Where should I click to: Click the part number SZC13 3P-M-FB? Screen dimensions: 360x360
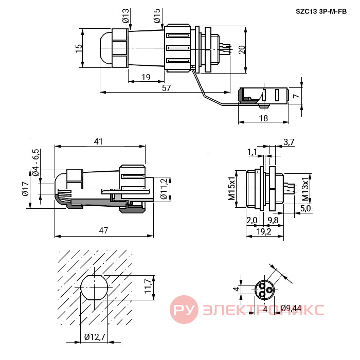[321, 11]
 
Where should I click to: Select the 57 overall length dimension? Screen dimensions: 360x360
[167, 88]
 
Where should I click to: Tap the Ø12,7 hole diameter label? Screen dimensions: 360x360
[95, 337]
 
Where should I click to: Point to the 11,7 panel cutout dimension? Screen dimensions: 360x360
[148, 286]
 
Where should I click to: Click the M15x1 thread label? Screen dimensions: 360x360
[232, 189]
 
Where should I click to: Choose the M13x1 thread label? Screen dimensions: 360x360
[305, 189]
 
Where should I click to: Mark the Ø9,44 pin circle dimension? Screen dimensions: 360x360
[291, 308]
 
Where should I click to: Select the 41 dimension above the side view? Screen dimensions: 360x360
[98, 141]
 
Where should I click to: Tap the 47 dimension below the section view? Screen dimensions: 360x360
[103, 230]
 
